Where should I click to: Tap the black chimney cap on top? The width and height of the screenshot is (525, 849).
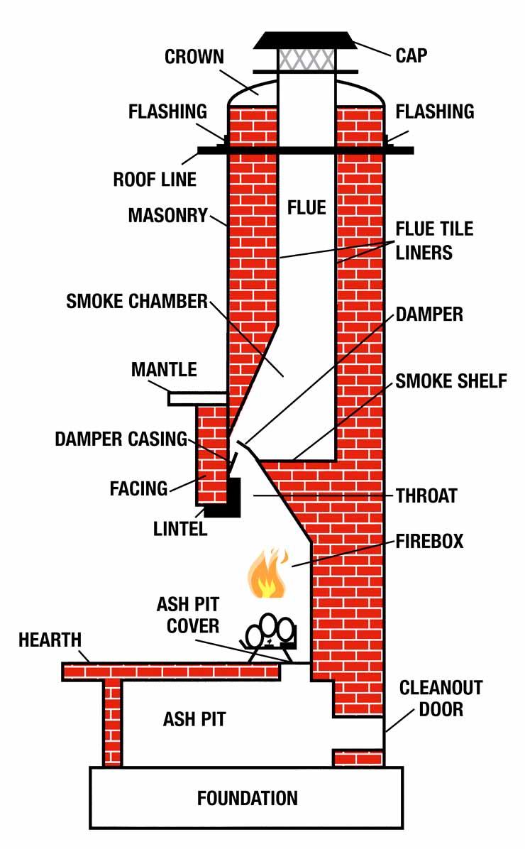(305, 40)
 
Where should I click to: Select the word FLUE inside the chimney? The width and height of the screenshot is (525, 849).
(306, 207)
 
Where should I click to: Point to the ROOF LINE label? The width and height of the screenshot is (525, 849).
(155, 179)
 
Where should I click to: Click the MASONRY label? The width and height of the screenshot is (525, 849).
(167, 215)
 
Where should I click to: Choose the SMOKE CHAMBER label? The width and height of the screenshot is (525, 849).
(137, 302)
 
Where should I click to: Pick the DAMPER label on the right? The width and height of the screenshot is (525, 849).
(429, 314)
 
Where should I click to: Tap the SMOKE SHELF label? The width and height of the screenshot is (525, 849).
(451, 380)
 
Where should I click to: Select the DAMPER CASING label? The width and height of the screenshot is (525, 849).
(121, 439)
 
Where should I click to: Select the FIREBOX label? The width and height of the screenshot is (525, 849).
(429, 541)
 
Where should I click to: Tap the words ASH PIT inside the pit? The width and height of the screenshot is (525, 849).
(194, 718)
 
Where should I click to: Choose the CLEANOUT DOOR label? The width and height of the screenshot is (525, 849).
(441, 698)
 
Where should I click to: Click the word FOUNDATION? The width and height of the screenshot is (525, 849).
(247, 797)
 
